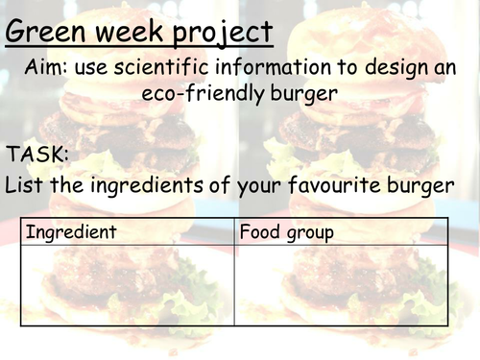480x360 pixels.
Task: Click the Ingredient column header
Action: click(x=71, y=232)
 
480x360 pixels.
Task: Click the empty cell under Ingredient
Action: click(x=127, y=285)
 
